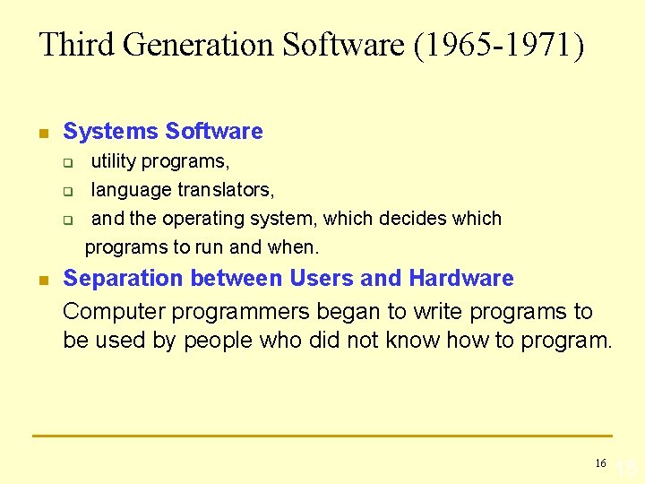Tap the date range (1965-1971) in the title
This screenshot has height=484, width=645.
[499, 45]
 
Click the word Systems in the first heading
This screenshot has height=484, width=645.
[111, 132]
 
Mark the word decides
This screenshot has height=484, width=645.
[411, 219]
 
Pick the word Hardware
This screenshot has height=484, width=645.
[461, 279]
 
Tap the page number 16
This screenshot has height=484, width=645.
[600, 463]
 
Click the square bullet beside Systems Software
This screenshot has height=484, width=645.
[41, 134]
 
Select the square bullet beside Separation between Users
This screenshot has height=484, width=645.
[41, 281]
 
